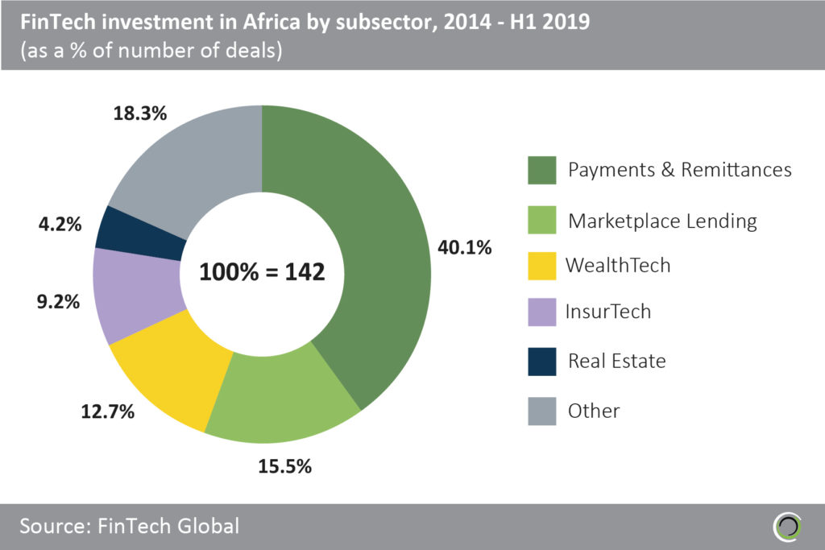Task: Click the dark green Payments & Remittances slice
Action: coord(371,242)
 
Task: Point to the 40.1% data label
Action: coord(463,247)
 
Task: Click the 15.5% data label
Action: coord(283,465)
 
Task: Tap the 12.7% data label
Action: coord(106,413)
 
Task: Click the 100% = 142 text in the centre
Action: coord(262,271)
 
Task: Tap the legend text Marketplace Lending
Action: coord(662,221)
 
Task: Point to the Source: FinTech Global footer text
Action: coord(130,527)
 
